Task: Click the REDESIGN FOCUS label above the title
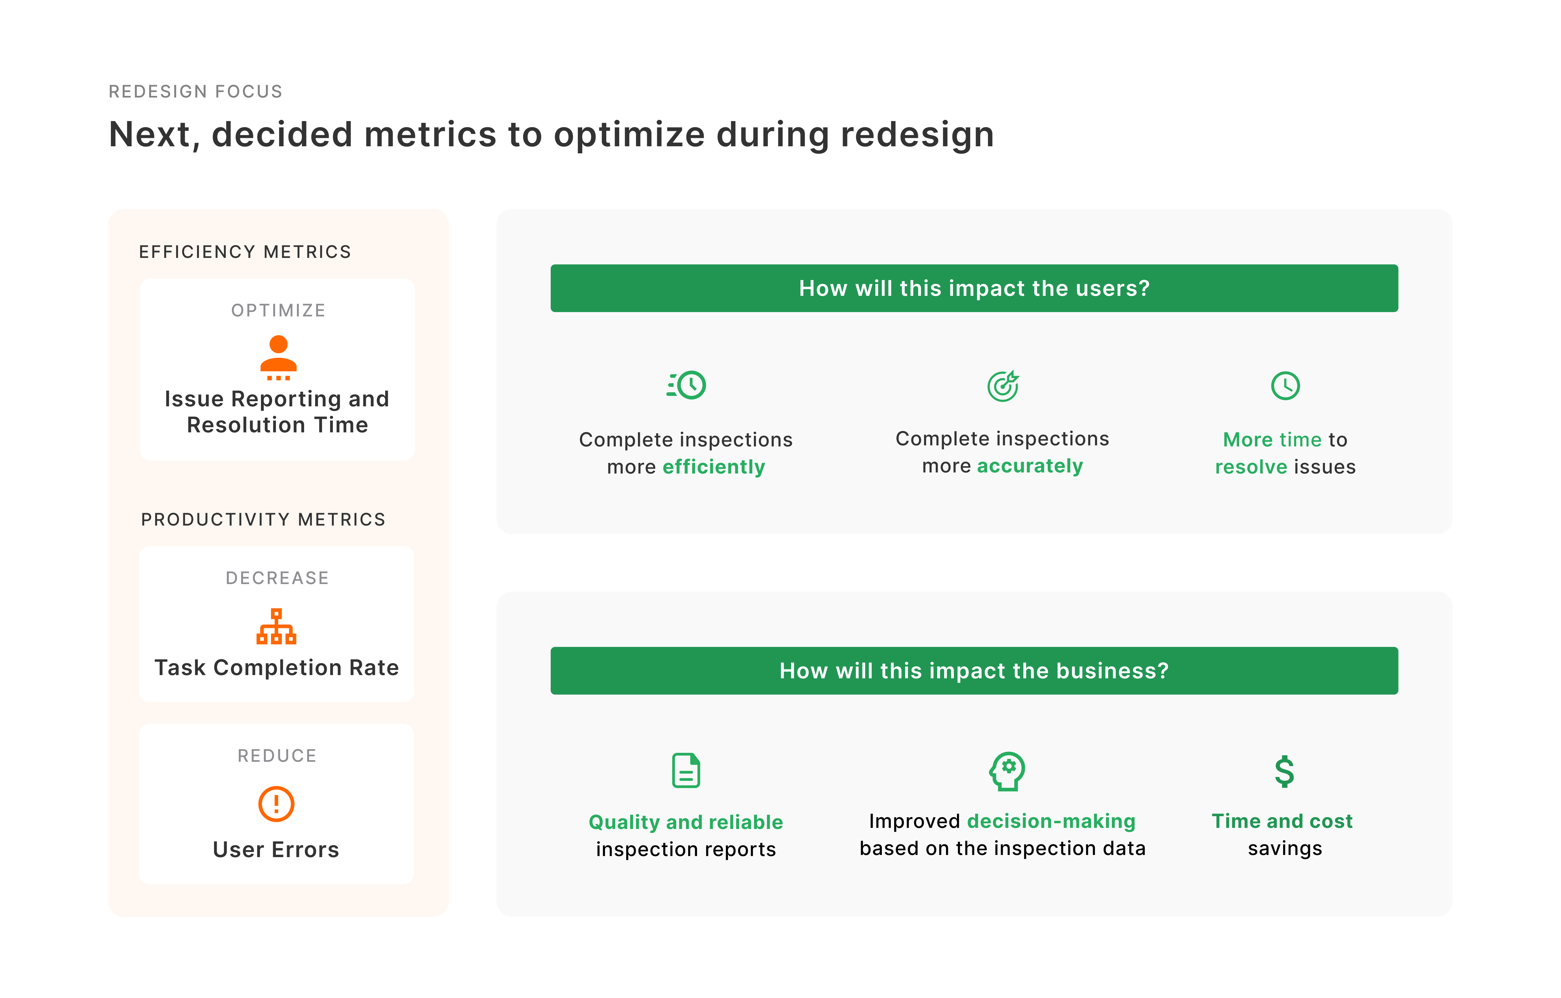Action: pyautogui.click(x=195, y=91)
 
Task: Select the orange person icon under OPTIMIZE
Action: pyautogui.click(x=278, y=357)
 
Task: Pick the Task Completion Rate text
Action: pyautogui.click(x=277, y=668)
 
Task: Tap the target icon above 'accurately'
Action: pyautogui.click(x=1003, y=386)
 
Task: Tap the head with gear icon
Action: pyautogui.click(x=1007, y=770)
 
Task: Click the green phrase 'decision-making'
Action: pyautogui.click(x=1051, y=821)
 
